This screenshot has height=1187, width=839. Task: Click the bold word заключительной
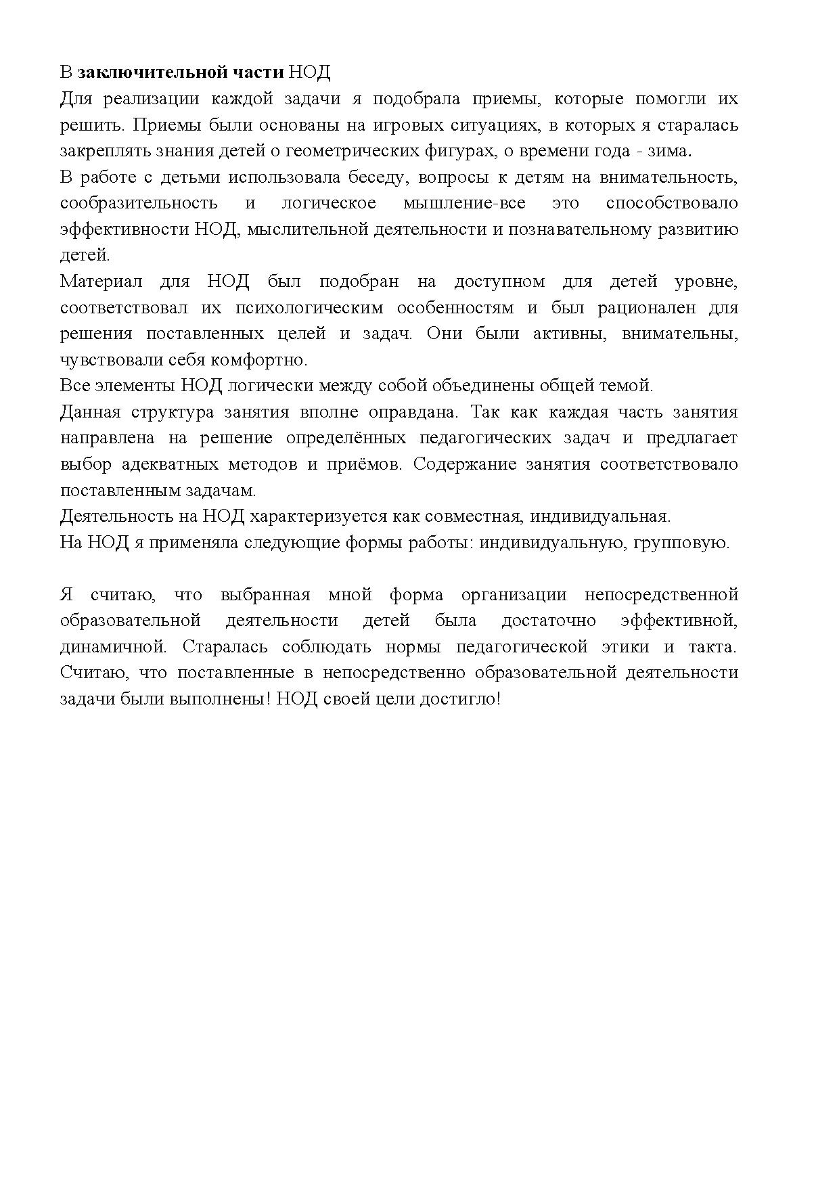[147, 72]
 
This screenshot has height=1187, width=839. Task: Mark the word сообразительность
[139, 203]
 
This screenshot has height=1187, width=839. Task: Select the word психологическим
[308, 308]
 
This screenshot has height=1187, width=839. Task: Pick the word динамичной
[113, 646]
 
